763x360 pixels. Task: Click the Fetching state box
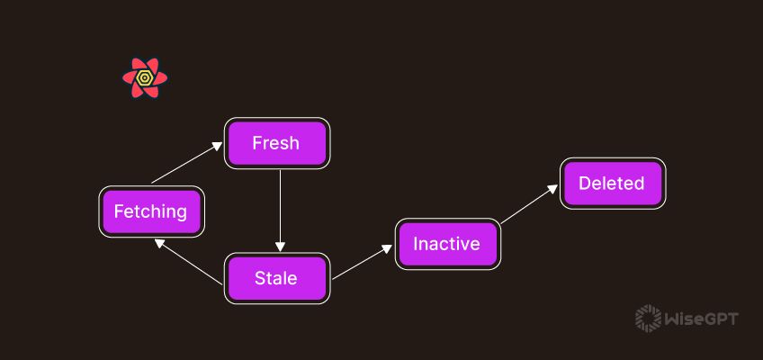point(150,211)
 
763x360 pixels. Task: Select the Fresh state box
point(276,143)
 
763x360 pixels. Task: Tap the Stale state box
point(276,278)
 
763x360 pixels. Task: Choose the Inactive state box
point(447,244)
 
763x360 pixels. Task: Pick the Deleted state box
point(612,184)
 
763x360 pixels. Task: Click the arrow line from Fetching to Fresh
point(184,163)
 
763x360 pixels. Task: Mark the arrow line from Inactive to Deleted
point(529,206)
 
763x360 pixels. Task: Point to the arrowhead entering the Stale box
point(280,247)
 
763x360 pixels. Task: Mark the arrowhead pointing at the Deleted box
point(553,190)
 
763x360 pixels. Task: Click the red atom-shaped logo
point(145,78)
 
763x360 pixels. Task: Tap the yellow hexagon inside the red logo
point(145,78)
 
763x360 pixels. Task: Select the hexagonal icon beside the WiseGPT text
point(648,318)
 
